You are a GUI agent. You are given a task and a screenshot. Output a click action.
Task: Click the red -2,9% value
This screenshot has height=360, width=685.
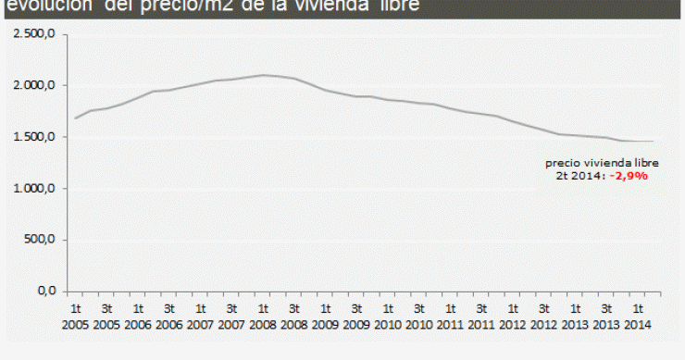pos(629,175)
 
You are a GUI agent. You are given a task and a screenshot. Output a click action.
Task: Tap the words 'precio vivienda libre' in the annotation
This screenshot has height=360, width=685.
pos(602,163)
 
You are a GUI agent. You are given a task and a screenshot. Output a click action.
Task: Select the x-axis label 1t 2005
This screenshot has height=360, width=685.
pos(76,317)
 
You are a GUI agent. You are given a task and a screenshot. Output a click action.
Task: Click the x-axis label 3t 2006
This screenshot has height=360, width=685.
pos(169,317)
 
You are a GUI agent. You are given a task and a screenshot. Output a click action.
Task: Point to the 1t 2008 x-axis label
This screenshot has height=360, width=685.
pos(263,317)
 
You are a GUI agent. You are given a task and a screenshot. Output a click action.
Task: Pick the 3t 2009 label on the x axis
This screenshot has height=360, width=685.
pos(356,317)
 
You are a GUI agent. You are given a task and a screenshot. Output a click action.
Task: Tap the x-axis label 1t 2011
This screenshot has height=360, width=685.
pos(450,317)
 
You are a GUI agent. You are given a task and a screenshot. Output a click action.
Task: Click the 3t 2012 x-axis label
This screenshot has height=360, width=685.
pos(543,317)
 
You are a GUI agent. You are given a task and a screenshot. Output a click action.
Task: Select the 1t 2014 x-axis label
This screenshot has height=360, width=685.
pos(637,317)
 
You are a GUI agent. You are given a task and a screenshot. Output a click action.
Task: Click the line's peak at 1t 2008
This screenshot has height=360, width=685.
pos(263,75)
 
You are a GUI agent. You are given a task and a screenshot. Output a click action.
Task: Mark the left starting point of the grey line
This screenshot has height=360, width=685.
pos(75,118)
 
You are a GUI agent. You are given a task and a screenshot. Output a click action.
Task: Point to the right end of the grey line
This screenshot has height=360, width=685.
pos(654,142)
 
